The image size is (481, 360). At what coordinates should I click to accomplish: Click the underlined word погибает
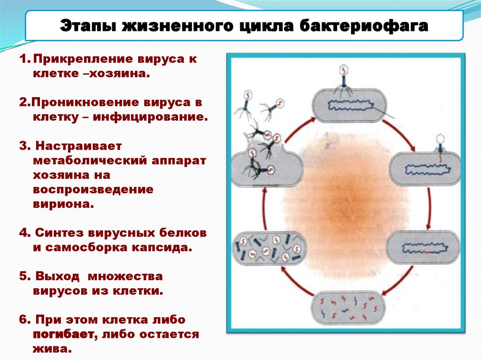pos(63,335)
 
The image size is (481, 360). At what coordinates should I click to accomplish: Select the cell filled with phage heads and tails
pos(269,247)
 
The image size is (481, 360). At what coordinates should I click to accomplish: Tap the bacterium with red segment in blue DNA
pos(423,245)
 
